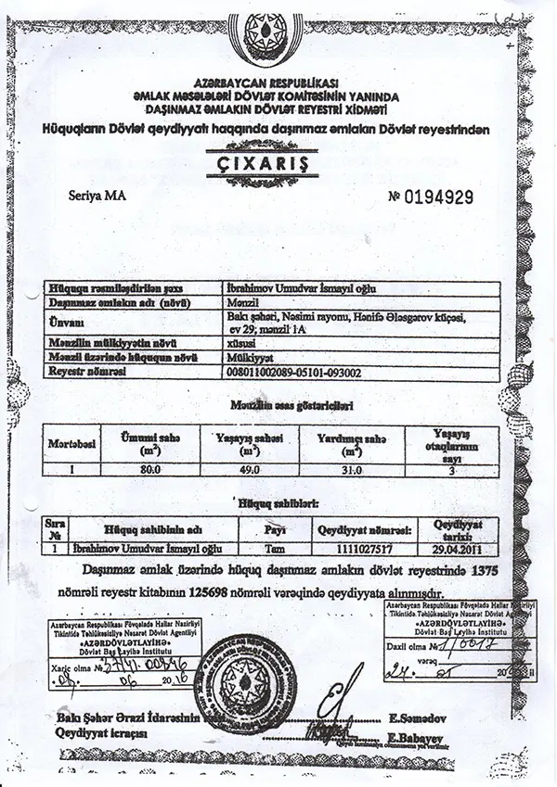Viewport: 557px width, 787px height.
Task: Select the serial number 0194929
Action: click(439, 197)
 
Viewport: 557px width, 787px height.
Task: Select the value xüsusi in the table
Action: click(240, 342)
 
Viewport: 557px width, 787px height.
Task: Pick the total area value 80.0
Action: click(150, 469)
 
